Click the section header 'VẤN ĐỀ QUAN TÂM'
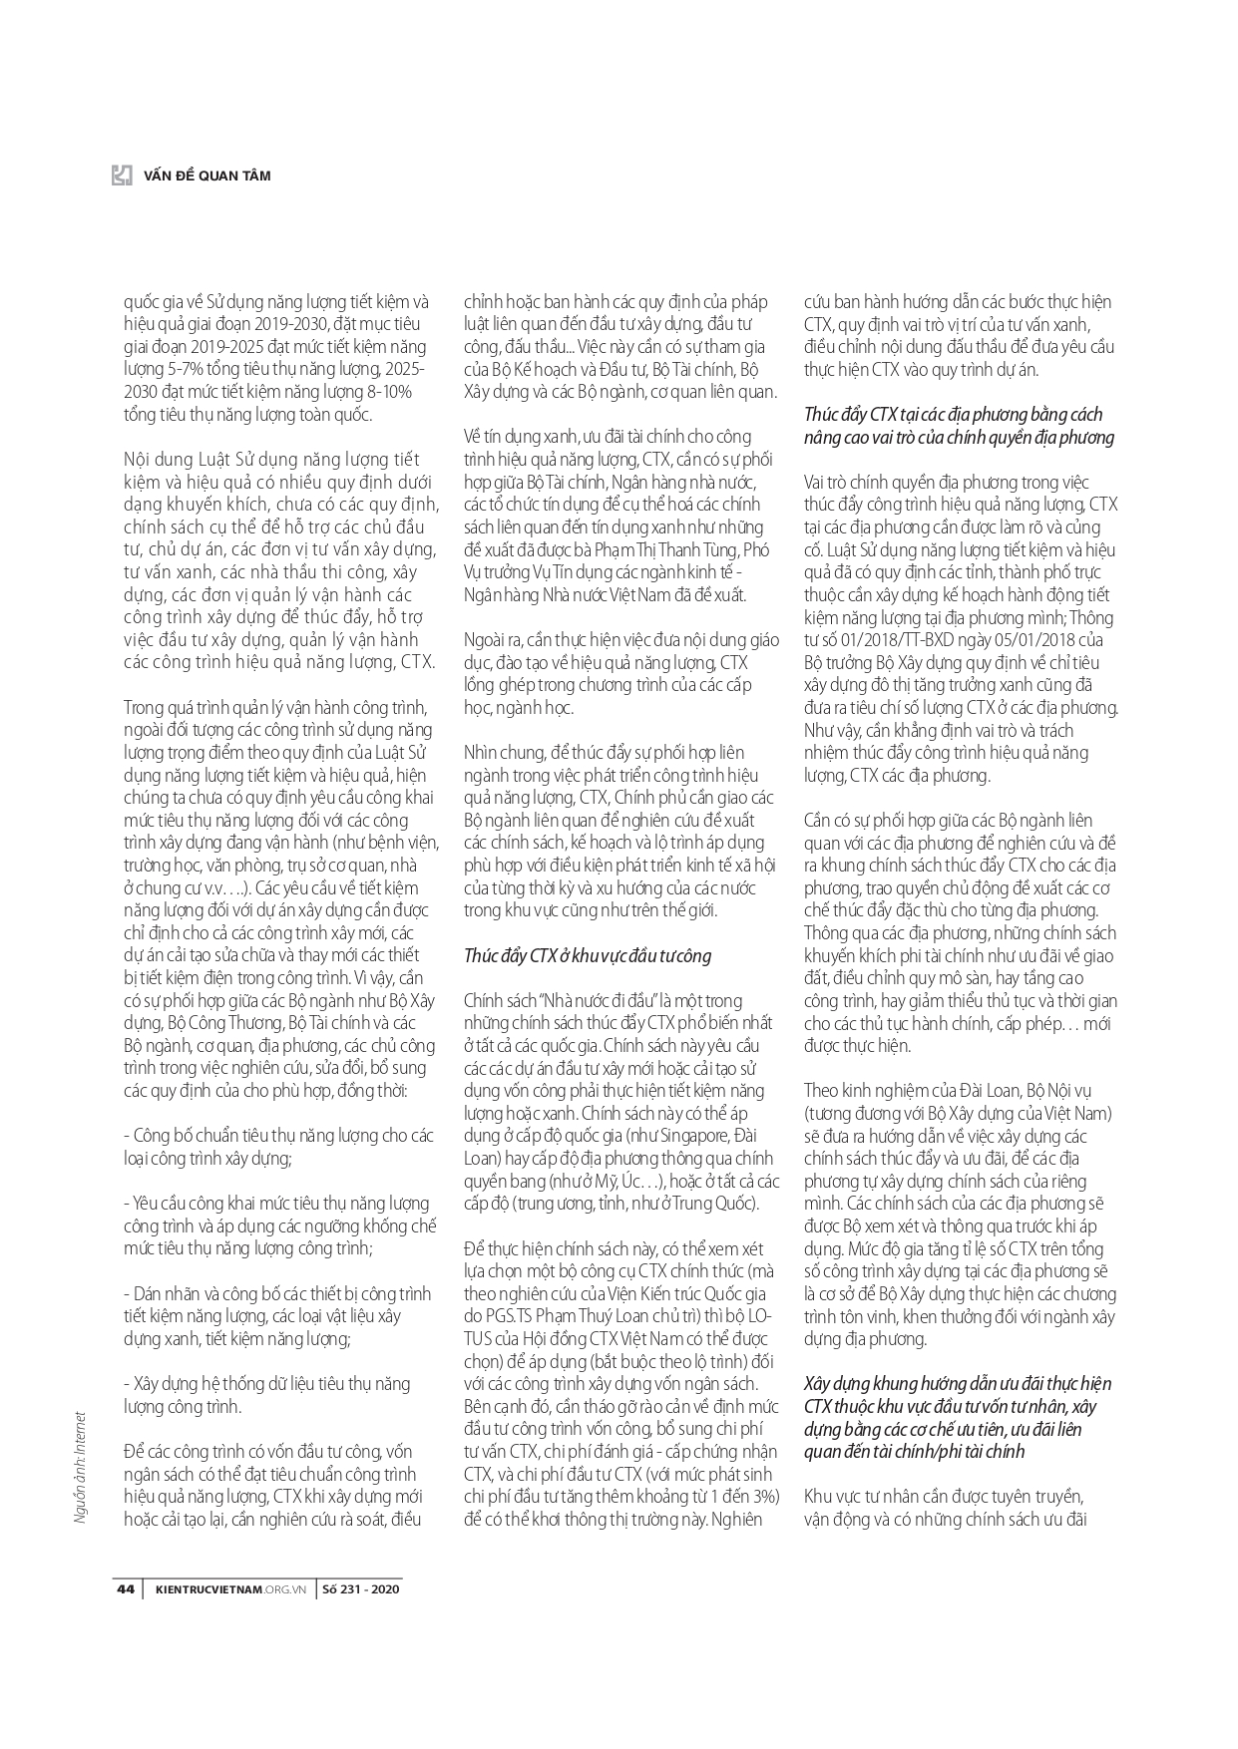207,175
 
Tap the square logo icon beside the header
122,175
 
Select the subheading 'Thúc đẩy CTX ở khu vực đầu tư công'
588,955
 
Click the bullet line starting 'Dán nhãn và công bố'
277,1293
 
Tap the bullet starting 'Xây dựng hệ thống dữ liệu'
267,1384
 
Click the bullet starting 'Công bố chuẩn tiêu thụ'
279,1136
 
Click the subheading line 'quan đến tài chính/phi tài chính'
913,1451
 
